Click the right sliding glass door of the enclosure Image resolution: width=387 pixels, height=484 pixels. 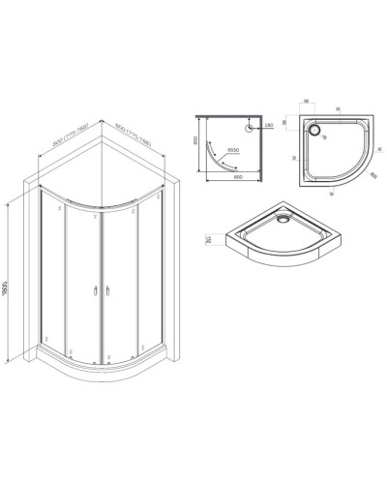[x=121, y=281]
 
